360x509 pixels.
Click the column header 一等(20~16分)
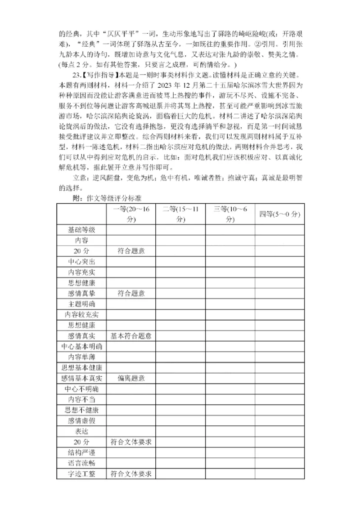click(x=131, y=214)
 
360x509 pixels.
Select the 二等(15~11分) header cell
click(x=180, y=214)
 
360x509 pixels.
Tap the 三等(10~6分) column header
click(x=230, y=214)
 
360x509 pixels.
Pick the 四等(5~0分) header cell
click(x=279, y=214)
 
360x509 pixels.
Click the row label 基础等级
click(x=81, y=230)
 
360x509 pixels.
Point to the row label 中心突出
click(x=81, y=262)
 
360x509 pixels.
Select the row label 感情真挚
click(x=81, y=293)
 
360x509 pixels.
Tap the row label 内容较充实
click(x=81, y=314)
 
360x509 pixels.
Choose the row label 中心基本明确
click(x=81, y=346)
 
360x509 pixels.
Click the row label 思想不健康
click(x=81, y=410)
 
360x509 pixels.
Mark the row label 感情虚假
click(x=81, y=420)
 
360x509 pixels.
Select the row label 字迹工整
click(x=81, y=473)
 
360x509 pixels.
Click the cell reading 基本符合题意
click(x=131, y=336)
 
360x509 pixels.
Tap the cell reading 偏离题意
click(x=131, y=378)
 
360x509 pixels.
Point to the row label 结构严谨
click(x=81, y=452)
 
